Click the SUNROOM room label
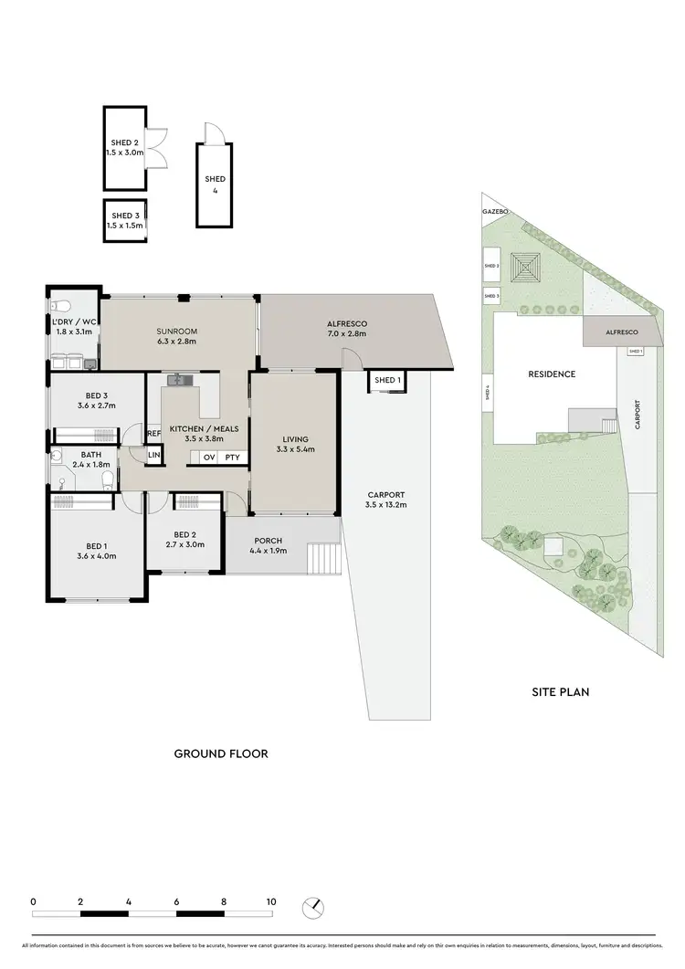click(177, 331)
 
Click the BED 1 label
click(96, 544)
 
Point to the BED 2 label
click(184, 534)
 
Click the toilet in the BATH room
click(107, 479)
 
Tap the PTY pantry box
click(233, 457)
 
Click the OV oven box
click(208, 457)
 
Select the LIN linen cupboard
click(153, 454)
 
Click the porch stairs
click(323, 556)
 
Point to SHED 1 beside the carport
click(385, 380)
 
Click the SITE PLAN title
click(560, 691)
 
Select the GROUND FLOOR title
click(220, 754)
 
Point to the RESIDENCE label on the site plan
click(552, 374)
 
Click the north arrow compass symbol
click(313, 907)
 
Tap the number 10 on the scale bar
click(270, 901)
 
